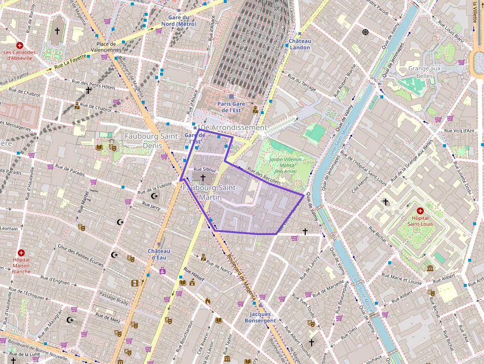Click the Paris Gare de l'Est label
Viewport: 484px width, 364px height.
coord(231,107)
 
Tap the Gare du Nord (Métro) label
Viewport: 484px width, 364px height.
coord(179,21)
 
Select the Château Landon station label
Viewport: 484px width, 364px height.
coord(300,44)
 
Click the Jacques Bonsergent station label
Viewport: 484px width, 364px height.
coord(260,318)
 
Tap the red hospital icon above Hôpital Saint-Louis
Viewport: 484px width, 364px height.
coord(420,211)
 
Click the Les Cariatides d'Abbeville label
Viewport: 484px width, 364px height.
coord(20,55)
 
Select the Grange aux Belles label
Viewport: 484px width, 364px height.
coord(424,72)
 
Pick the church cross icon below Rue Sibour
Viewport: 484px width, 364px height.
coord(202,177)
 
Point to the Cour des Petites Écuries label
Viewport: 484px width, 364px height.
coord(81,255)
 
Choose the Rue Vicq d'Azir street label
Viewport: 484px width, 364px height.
coord(459,131)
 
